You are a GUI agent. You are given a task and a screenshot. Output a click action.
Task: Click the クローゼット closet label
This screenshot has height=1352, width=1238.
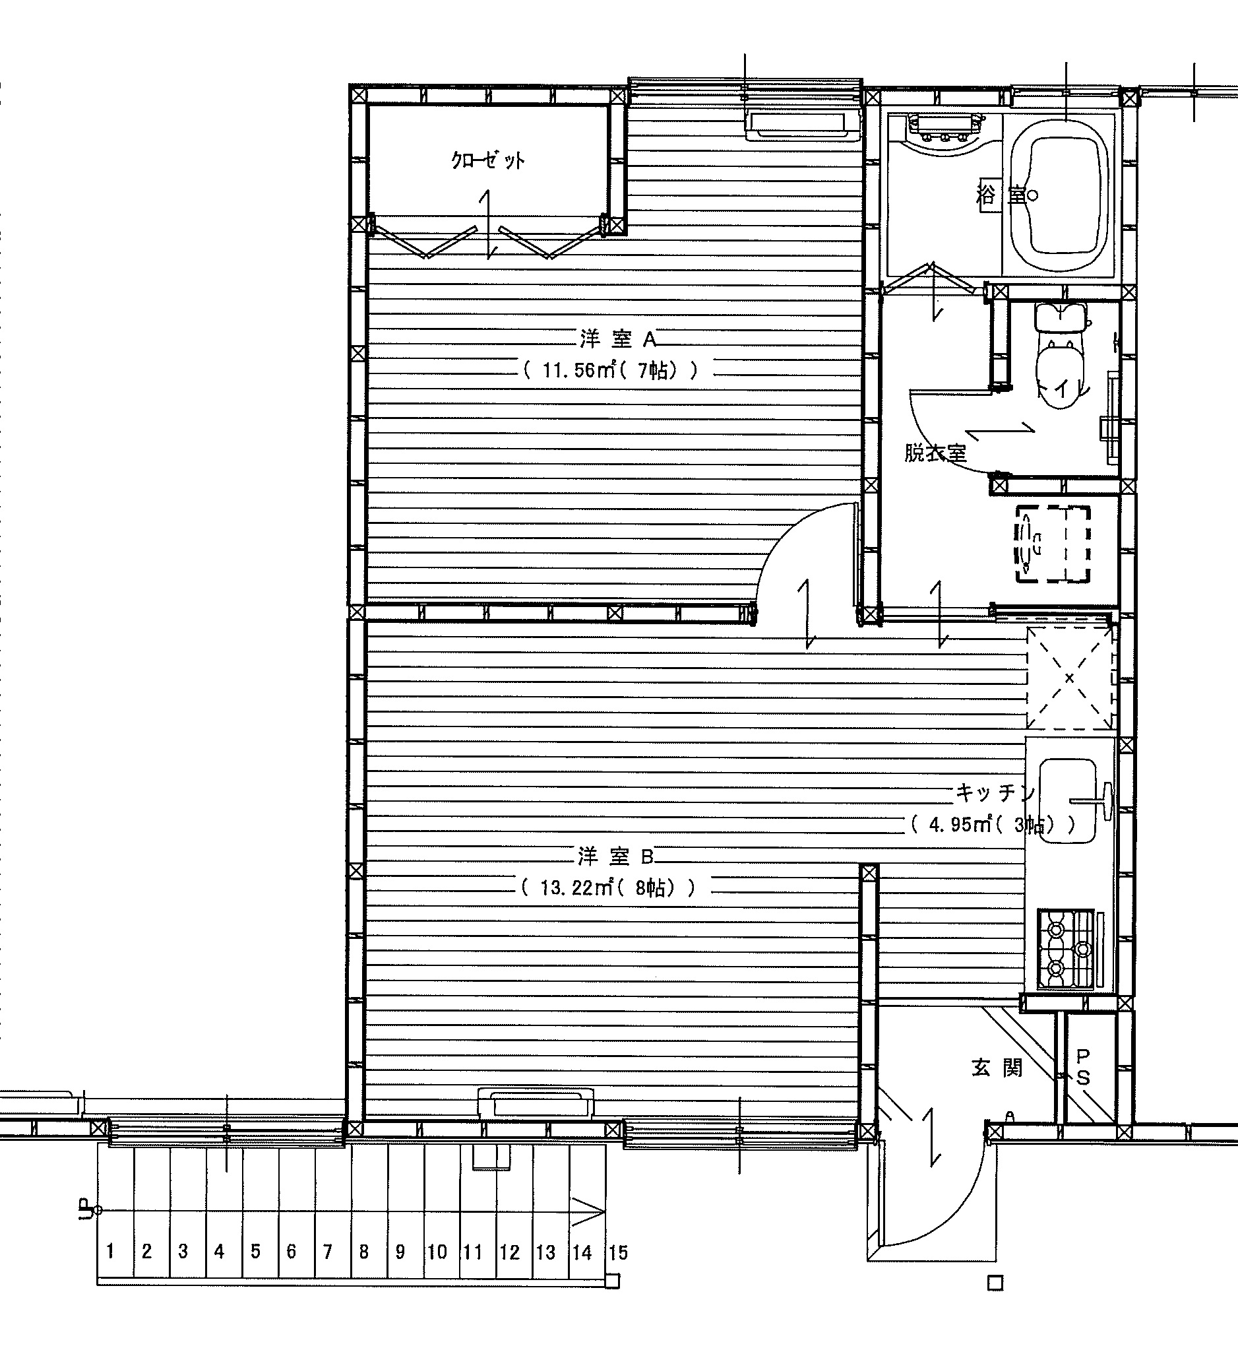[487, 160]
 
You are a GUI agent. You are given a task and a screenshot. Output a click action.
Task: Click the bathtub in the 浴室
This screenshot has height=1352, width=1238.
[1063, 197]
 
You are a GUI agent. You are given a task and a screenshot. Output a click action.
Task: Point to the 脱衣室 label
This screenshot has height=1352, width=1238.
[936, 453]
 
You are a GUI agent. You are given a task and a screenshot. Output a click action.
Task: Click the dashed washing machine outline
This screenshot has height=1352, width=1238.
[1053, 544]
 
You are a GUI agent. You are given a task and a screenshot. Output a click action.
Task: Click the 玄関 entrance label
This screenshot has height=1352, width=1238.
[997, 1067]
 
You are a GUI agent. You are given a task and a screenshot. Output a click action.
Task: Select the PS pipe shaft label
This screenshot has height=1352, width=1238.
[1083, 1067]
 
